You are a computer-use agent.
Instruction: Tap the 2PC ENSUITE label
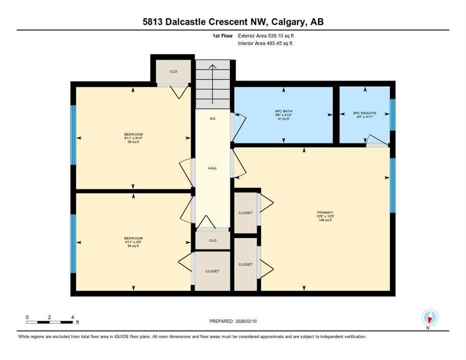click(x=364, y=113)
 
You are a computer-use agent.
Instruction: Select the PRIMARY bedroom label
click(x=324, y=212)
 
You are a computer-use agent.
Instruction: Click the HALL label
click(x=212, y=168)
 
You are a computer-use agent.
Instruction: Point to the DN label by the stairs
click(x=212, y=119)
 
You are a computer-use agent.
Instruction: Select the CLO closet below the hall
click(x=212, y=240)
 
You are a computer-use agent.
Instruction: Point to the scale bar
click(x=50, y=322)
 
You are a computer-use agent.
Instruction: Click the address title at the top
click(x=233, y=22)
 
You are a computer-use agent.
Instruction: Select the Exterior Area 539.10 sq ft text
click(x=266, y=36)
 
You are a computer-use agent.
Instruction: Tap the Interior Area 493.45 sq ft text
click(x=266, y=44)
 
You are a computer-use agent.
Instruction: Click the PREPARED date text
click(x=233, y=321)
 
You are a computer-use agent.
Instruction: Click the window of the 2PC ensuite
click(x=392, y=115)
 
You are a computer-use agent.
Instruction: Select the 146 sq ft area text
click(x=324, y=220)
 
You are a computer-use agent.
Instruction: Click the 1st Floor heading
click(x=222, y=36)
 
